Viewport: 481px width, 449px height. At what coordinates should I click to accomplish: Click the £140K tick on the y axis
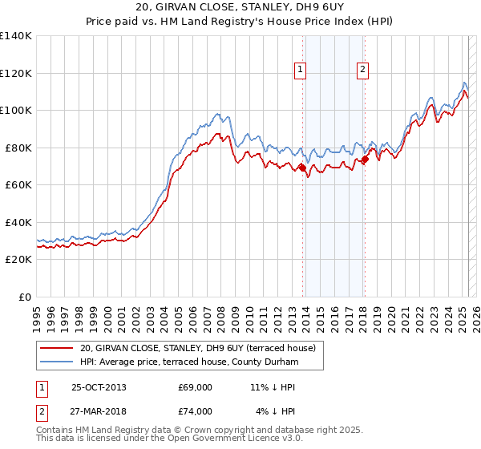click(x=16, y=36)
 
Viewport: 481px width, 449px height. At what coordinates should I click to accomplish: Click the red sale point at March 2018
click(x=365, y=159)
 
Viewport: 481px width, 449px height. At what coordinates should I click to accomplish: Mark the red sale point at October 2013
click(x=302, y=168)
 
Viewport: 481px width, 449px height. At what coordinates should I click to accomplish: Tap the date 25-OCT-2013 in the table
click(x=99, y=386)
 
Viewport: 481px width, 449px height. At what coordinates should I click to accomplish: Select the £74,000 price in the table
click(x=196, y=411)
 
